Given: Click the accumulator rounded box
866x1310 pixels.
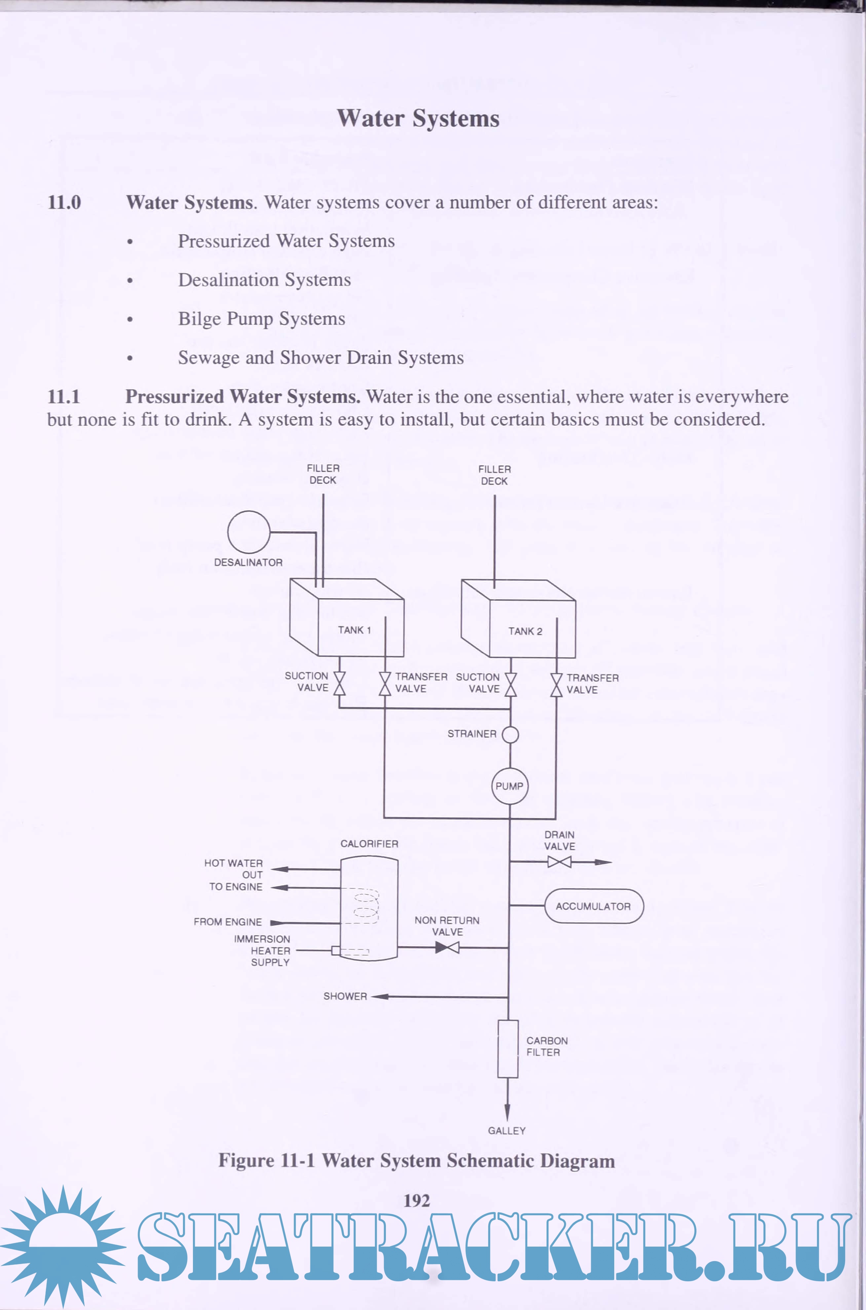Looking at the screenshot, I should click(594, 906).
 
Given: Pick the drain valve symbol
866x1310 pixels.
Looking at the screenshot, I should click(559, 862).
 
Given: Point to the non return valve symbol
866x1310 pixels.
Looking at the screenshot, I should click(447, 947).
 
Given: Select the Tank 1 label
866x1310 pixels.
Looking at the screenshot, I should click(354, 630).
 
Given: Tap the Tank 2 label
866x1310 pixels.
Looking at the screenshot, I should click(525, 631).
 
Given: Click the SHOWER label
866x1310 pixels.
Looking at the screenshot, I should click(345, 996).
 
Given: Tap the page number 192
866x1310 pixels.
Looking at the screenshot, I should click(417, 1201).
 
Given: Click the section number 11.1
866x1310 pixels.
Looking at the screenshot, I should click(63, 396).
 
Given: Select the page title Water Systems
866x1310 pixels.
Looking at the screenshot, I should click(418, 118).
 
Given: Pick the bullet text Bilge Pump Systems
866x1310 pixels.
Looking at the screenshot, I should click(261, 319).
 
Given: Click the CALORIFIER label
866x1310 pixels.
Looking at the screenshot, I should click(369, 843).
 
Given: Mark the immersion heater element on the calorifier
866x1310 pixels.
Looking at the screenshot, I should click(350, 951).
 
